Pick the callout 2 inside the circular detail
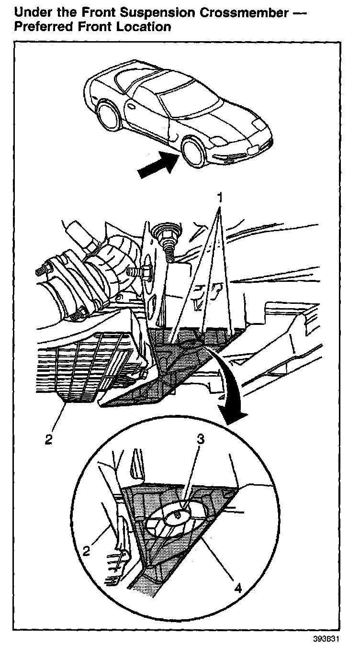(x=86, y=550)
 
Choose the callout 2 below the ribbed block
(x=48, y=439)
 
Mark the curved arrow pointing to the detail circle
(x=230, y=388)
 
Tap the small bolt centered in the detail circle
(x=178, y=514)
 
